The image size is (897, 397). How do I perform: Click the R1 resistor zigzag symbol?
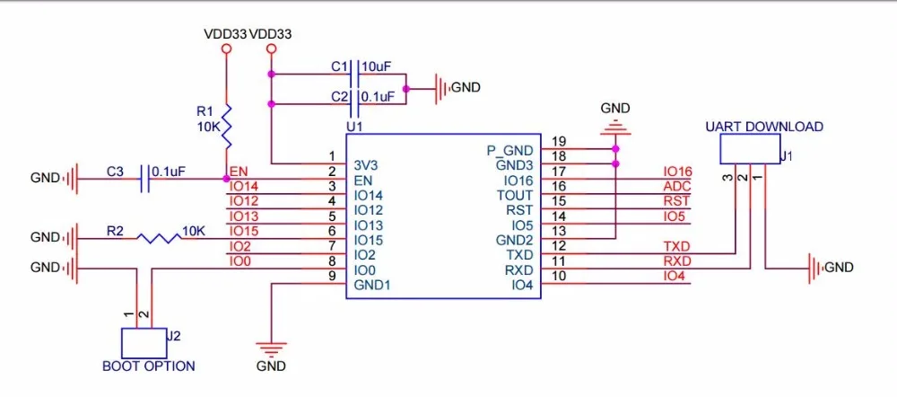point(227,126)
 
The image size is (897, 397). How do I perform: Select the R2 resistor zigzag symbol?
point(157,238)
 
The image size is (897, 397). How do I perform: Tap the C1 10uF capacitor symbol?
point(353,75)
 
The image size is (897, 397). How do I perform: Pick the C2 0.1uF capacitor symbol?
point(353,103)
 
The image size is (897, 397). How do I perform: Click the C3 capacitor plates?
point(145,179)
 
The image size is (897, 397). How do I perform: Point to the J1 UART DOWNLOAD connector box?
point(749,148)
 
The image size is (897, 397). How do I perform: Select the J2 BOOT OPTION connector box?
point(143,342)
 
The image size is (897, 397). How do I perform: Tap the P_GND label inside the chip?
point(510,151)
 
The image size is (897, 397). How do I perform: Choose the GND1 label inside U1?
point(372,285)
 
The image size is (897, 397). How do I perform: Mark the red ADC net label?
point(677,187)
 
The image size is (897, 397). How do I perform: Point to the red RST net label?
point(677,202)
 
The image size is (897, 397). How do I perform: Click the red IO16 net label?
point(678,172)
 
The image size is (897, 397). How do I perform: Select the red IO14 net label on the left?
point(243,187)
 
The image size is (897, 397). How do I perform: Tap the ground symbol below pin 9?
point(271,348)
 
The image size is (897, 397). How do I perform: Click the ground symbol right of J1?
point(814,267)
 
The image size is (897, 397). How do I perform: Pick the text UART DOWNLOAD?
point(764,127)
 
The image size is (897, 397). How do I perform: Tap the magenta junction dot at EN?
point(227,179)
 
